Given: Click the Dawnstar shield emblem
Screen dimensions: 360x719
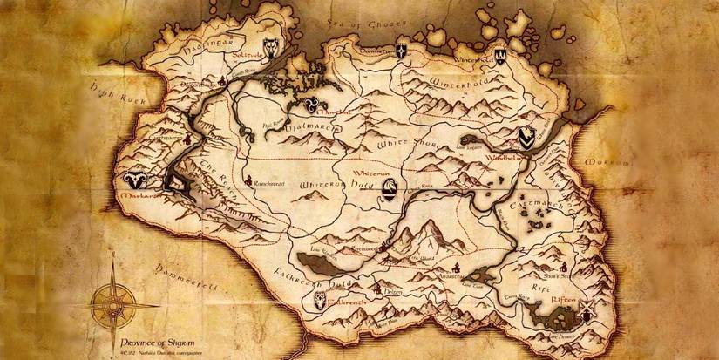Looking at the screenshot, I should (x=402, y=51).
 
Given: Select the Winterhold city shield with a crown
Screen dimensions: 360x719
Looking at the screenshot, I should (x=500, y=53).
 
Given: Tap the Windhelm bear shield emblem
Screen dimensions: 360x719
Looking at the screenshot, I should (x=526, y=138).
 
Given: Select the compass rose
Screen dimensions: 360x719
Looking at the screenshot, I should (x=110, y=299).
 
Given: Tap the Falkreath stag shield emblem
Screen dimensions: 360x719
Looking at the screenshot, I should (x=321, y=300).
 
